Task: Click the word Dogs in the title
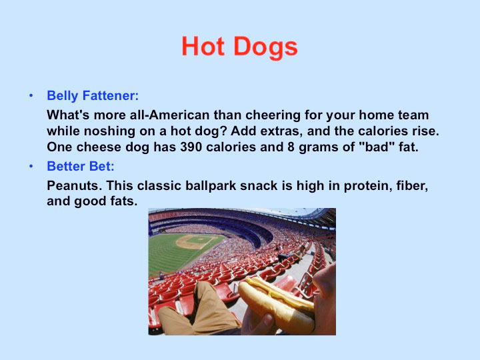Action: (x=266, y=47)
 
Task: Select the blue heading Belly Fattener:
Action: (x=93, y=95)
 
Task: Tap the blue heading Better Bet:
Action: (x=81, y=166)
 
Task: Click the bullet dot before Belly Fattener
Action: (x=31, y=96)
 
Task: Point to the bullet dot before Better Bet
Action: (x=31, y=166)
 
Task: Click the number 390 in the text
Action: (x=191, y=147)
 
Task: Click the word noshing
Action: (x=109, y=131)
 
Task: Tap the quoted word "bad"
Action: (x=376, y=147)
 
